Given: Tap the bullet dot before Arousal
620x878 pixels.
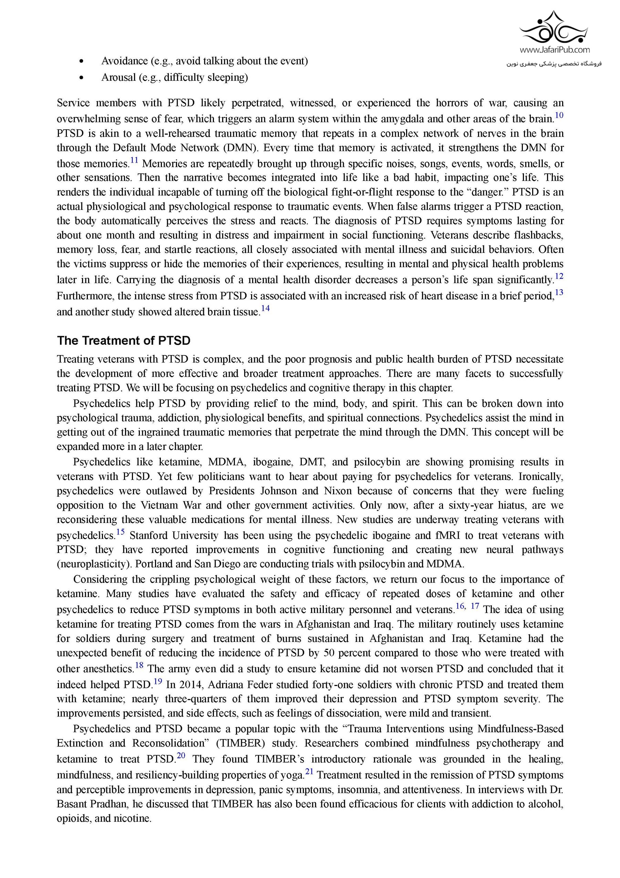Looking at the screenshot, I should [x=81, y=78].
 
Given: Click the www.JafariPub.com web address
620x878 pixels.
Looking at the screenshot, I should [x=554, y=50].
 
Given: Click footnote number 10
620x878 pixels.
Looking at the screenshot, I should [x=559, y=115].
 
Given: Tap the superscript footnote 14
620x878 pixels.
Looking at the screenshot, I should [x=265, y=308].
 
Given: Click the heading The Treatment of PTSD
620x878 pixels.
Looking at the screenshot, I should [x=123, y=340].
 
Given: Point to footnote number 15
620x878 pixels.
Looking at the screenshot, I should [x=120, y=532].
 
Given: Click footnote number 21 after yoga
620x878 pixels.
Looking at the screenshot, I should [x=309, y=772].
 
